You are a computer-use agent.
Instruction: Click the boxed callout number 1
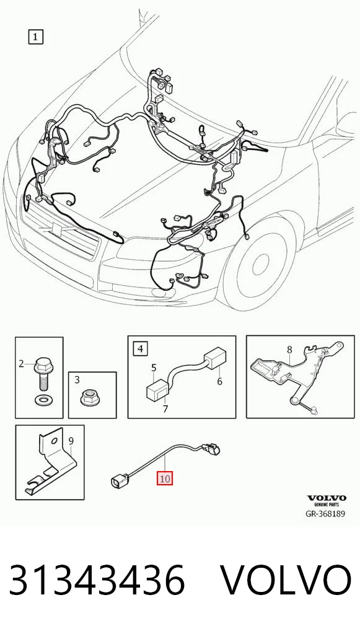coord(35,37)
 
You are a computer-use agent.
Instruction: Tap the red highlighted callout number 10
coord(165,479)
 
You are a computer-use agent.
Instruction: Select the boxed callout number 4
coord(139,348)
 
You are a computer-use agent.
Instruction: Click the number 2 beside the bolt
coord(21,364)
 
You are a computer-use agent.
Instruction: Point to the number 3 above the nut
coord(77,379)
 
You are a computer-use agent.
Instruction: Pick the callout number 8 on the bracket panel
coord(289,350)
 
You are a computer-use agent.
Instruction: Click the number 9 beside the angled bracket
coord(71,441)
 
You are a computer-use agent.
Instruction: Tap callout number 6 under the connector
coord(219,381)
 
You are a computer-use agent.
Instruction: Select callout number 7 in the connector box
coord(165,409)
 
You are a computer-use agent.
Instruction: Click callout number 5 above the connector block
coord(153,368)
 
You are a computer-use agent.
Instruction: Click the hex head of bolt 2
coord(42,366)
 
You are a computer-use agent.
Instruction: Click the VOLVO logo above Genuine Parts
coord(327,498)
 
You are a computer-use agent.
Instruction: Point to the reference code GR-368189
coord(325,513)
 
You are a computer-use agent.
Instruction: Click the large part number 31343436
coord(97,580)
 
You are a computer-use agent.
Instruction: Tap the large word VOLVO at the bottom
coord(286,580)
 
